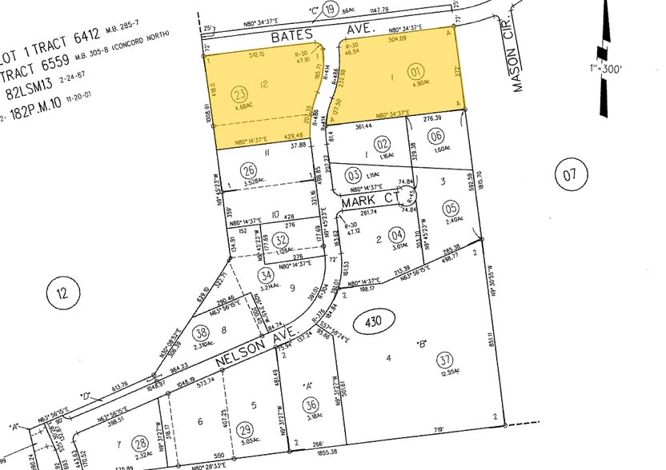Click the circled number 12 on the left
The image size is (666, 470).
pyautogui.click(x=61, y=291)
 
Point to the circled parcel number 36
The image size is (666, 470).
pyautogui.click(x=311, y=404)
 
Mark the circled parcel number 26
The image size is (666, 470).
pyautogui.click(x=249, y=169)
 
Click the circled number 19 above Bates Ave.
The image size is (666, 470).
pyautogui.click(x=329, y=11)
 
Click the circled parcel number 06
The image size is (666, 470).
pyautogui.click(x=436, y=136)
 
